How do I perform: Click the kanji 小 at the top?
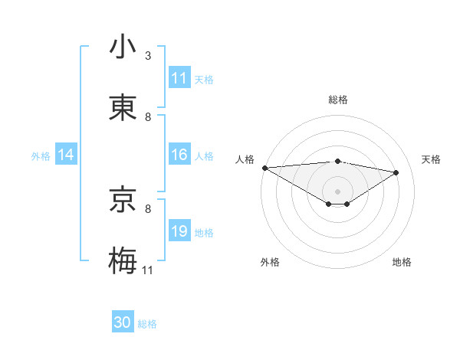(x=123, y=47)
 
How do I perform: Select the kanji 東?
(x=123, y=108)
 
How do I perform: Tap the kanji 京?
(x=123, y=201)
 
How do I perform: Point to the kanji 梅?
(x=123, y=261)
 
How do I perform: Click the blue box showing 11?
(x=179, y=78)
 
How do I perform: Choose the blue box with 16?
(x=179, y=155)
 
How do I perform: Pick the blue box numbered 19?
(x=179, y=231)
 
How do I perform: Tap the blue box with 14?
(x=66, y=155)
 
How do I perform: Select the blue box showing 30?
(x=123, y=322)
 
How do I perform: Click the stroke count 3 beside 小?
(x=148, y=56)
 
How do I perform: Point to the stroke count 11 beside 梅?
(x=148, y=270)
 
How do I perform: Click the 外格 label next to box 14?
(x=41, y=155)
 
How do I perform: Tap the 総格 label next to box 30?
(x=147, y=324)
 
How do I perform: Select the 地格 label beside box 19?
(x=204, y=233)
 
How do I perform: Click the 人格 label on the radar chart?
(x=245, y=159)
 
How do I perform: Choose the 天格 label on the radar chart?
(x=432, y=159)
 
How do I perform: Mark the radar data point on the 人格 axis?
(x=264, y=168)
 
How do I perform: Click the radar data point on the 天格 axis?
(x=396, y=172)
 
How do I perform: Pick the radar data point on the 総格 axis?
(x=338, y=161)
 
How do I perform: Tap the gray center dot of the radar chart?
(x=338, y=191)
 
